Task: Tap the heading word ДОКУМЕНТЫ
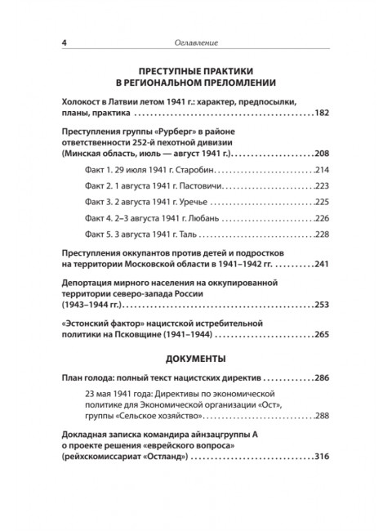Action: tap(196, 359)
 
